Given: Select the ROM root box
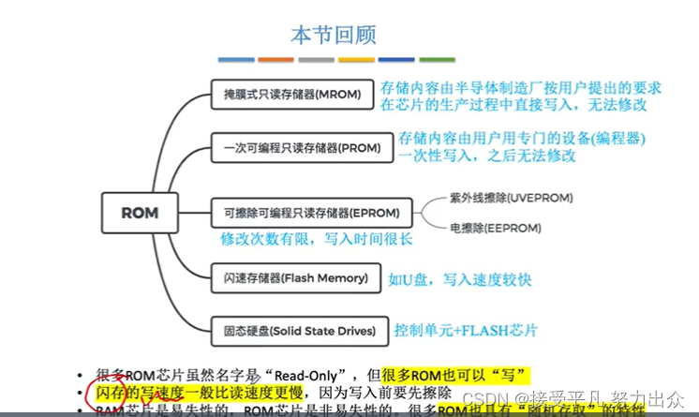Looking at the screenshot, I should (141, 213).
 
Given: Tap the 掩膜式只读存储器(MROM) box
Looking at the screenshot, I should (292, 95).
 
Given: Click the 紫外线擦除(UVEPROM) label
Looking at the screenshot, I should (511, 198).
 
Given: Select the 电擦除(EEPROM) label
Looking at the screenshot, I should (497, 227).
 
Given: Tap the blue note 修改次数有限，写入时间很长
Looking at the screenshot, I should (316, 239).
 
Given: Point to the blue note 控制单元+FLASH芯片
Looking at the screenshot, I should (467, 330).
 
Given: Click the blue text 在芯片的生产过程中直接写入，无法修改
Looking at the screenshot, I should (513, 105).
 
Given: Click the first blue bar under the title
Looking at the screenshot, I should (236, 60).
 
